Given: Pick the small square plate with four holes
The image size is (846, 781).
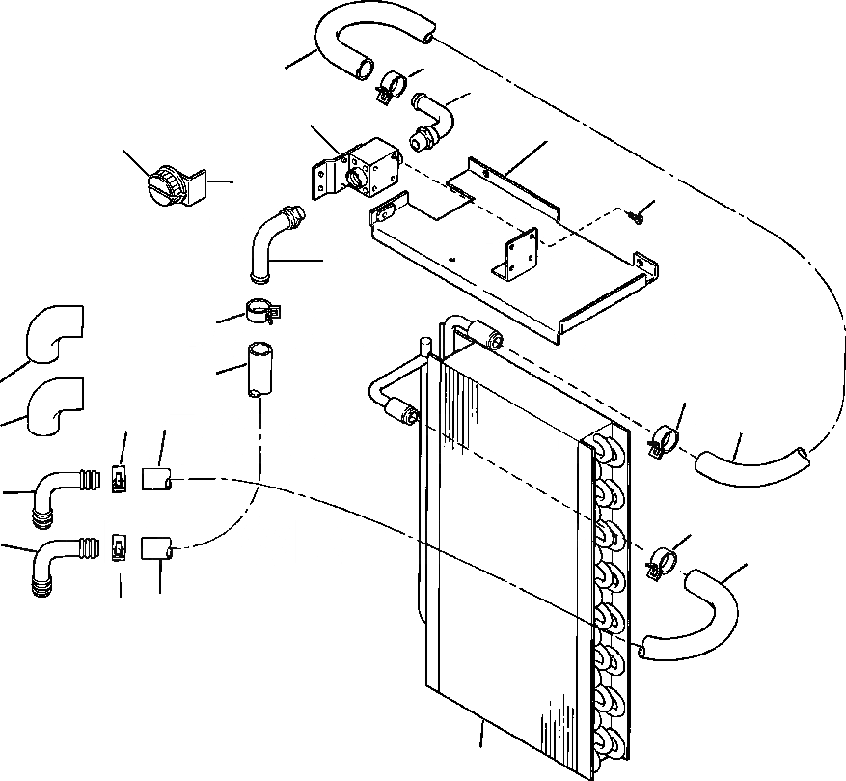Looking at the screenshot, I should (520, 254).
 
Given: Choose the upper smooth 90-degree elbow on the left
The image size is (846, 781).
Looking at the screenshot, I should (54, 335).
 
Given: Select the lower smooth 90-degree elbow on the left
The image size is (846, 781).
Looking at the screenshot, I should (54, 406).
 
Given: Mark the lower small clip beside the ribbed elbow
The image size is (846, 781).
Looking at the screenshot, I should (120, 547).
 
